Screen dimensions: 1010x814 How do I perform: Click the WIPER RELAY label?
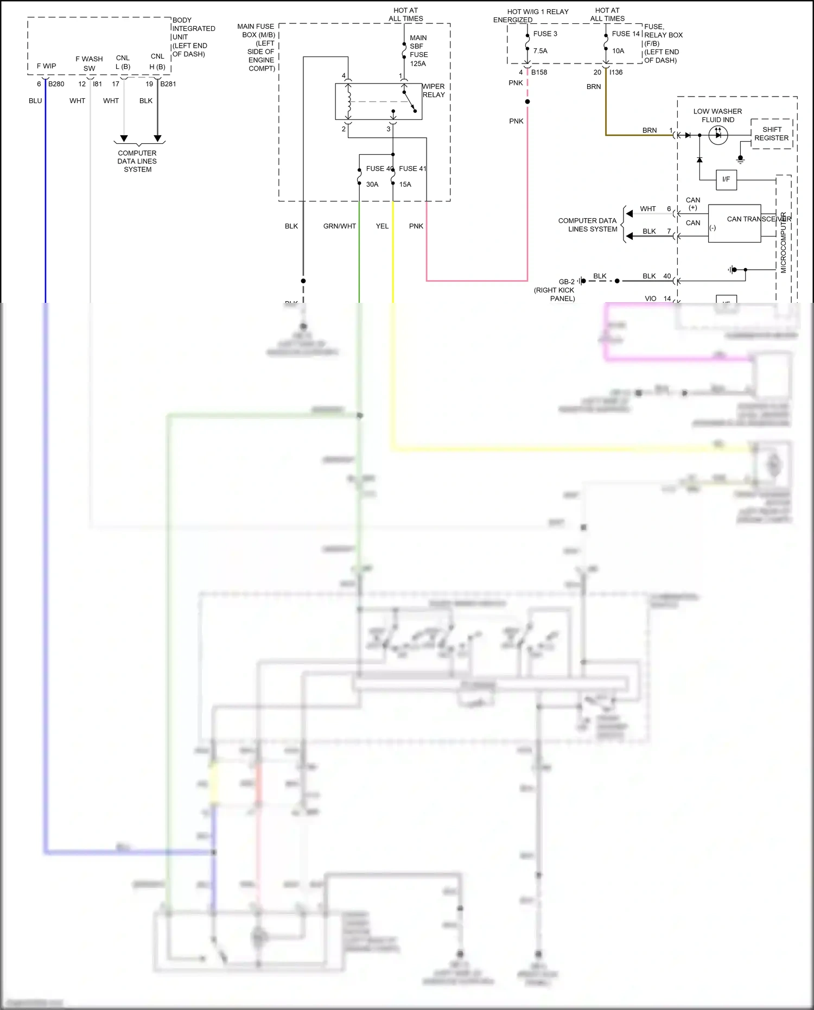pos(433,91)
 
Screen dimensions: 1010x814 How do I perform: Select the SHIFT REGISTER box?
pos(771,134)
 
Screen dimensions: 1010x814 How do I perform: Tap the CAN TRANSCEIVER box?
pos(734,223)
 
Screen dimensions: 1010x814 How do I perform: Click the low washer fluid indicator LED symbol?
pos(718,135)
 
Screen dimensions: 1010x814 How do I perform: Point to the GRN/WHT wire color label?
pos(339,226)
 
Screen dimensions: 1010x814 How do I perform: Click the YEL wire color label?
pos(382,226)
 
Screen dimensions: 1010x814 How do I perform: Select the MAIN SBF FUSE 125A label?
pos(418,50)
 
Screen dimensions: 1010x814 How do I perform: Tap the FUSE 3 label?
pos(545,34)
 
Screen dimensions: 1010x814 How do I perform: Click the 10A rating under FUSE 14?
pos(618,51)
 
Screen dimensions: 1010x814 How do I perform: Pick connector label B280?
pos(56,84)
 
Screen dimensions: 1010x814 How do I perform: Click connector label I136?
pos(616,72)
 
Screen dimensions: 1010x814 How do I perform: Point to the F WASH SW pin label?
pos(89,63)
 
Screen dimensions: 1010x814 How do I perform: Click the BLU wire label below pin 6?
pos(35,101)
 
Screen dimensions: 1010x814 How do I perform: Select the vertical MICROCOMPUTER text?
pos(783,243)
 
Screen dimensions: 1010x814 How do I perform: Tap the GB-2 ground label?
pos(567,282)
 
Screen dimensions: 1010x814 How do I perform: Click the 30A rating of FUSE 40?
pos(372,185)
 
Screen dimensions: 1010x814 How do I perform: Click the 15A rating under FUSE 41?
pos(405,185)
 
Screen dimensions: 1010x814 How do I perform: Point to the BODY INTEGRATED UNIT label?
pos(193,37)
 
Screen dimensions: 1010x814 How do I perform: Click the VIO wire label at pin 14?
pos(650,298)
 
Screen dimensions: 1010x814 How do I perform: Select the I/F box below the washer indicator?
pos(726,179)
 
